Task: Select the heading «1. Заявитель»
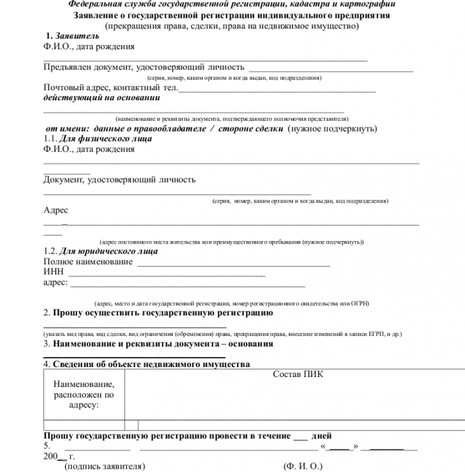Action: (72, 36)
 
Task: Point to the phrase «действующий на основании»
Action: (102, 97)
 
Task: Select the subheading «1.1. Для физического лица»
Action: (98, 139)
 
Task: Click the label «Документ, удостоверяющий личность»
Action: (120, 179)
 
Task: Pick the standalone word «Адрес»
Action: (56, 210)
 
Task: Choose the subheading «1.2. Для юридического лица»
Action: (100, 252)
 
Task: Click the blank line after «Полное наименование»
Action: (232, 264)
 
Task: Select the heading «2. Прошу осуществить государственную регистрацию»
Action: (158, 313)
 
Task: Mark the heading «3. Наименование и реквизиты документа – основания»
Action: (158, 344)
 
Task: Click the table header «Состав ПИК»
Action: (298, 374)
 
